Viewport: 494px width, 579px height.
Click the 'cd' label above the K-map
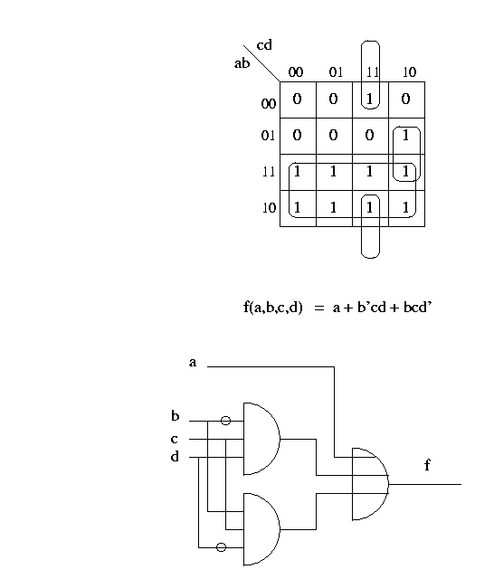pos(264,45)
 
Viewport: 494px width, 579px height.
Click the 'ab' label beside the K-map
pos(242,63)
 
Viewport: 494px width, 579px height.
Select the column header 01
pos(336,71)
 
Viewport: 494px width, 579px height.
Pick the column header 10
pos(409,71)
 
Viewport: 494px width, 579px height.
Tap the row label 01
pos(268,136)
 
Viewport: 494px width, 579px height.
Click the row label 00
pos(269,103)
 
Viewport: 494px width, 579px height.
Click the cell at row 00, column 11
pos(370,100)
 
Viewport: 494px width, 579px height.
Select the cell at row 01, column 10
pos(406,136)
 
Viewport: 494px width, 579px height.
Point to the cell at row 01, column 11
pos(370,136)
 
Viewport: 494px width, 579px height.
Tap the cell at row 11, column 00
pos(298,172)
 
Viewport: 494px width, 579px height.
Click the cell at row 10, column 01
pos(334,208)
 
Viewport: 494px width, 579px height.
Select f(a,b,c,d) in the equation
pos(273,308)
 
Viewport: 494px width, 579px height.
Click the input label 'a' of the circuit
pos(193,362)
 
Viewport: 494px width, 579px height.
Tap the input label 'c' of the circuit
pos(175,439)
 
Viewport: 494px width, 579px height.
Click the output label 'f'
pos(427,464)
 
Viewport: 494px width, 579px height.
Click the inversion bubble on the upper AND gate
pos(225,421)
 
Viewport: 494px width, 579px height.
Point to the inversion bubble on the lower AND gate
pos(221,547)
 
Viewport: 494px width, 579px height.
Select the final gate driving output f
pos(370,484)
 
